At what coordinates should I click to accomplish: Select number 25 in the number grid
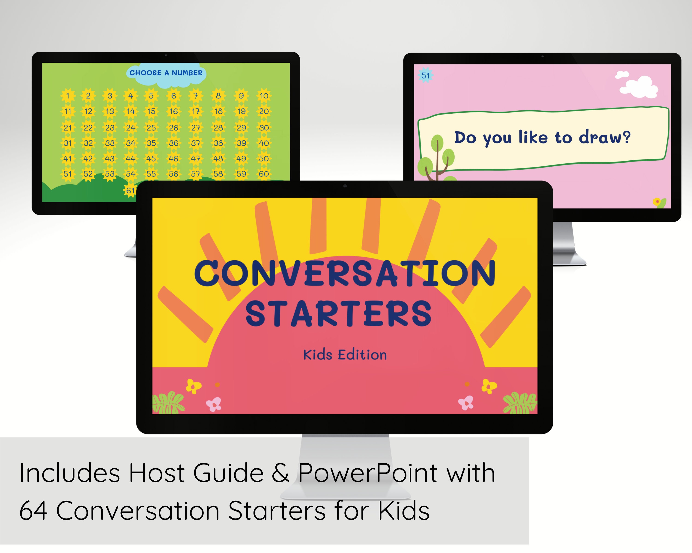point(151,128)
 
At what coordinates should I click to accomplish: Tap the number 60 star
point(264,174)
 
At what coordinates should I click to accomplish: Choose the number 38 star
point(218,143)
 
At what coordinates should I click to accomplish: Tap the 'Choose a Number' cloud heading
point(166,73)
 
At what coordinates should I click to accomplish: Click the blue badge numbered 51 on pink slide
point(426,75)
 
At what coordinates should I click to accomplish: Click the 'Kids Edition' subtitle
point(345,355)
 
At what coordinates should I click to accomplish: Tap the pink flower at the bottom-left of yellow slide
point(214,404)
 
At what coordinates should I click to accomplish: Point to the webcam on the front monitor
point(345,186)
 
